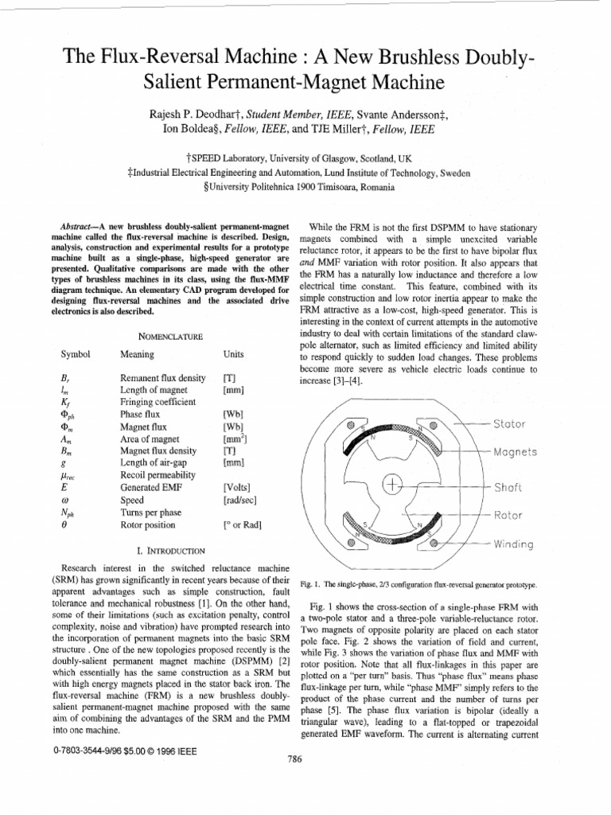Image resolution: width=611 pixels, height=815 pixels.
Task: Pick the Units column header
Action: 235,355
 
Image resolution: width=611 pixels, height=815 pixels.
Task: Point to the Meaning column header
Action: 137,355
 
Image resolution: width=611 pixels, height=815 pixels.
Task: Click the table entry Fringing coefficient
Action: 157,402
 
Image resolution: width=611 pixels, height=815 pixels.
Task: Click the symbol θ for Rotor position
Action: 63,524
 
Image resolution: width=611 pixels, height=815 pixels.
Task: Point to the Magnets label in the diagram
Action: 516,452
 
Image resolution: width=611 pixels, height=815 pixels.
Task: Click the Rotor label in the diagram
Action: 508,515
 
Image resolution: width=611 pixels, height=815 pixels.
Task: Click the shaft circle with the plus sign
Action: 393,484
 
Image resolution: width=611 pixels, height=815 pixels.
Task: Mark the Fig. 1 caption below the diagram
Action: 418,584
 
